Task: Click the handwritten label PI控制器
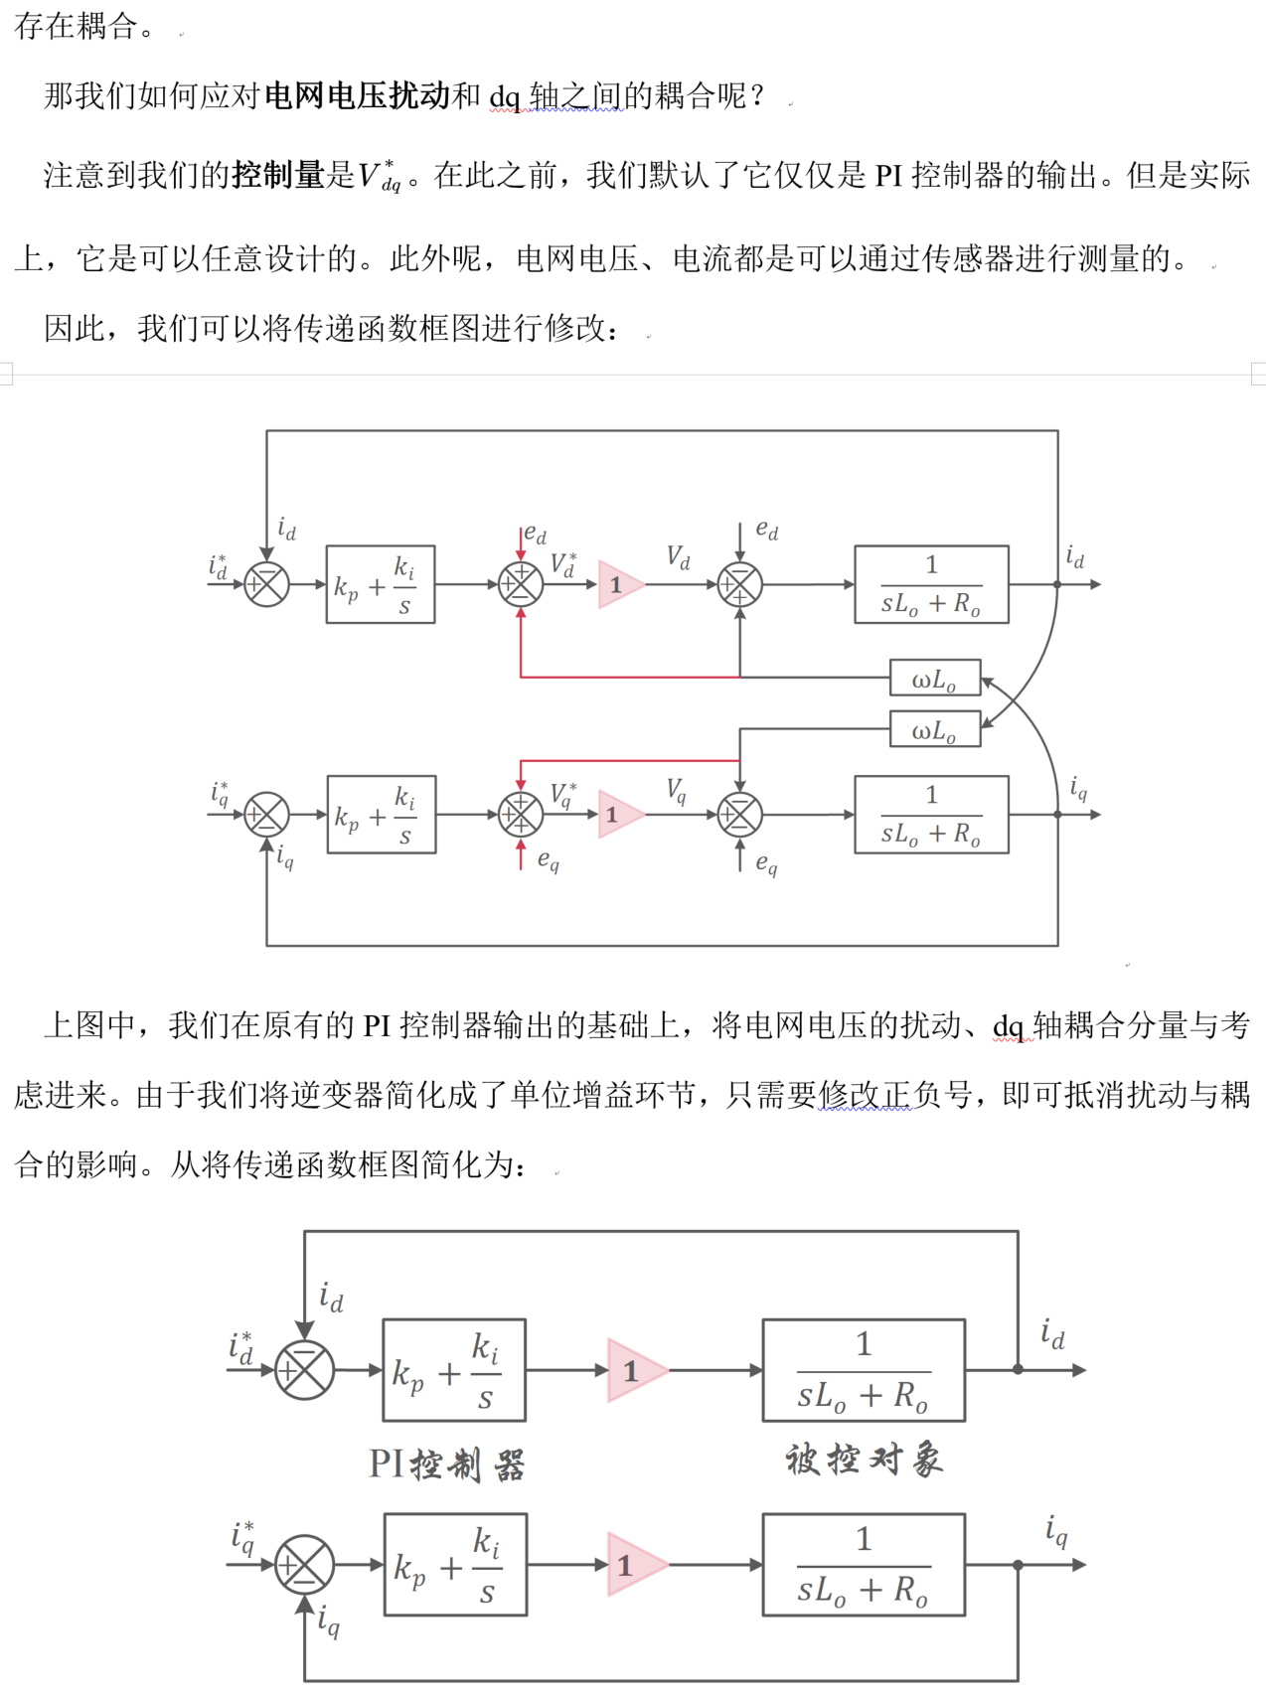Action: (x=446, y=1463)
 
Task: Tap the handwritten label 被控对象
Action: (x=864, y=1460)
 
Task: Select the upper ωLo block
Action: (x=934, y=678)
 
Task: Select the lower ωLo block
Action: (x=934, y=729)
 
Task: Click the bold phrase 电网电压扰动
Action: (x=357, y=95)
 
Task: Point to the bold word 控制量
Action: (x=279, y=175)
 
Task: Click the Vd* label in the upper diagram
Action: (x=563, y=564)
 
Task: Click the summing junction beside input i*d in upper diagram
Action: (x=266, y=584)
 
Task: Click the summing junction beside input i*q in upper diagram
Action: (x=266, y=815)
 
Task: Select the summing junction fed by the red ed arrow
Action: (x=521, y=584)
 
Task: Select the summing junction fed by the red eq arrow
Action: (x=521, y=815)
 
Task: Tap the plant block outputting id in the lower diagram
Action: (x=864, y=1370)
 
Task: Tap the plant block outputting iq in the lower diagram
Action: (x=864, y=1565)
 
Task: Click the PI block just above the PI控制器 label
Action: (x=454, y=1370)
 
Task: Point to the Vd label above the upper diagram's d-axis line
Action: (x=678, y=557)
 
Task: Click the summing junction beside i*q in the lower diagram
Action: (x=304, y=1565)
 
